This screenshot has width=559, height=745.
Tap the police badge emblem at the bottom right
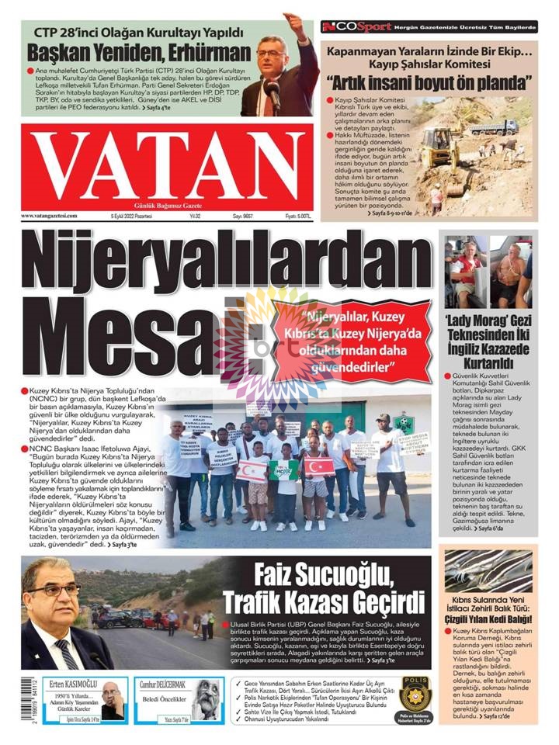pyautogui.click(x=415, y=692)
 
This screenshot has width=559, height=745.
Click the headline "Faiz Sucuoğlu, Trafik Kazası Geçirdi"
pyautogui.click(x=325, y=589)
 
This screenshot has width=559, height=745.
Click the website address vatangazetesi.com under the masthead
pyautogui.click(x=52, y=216)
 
